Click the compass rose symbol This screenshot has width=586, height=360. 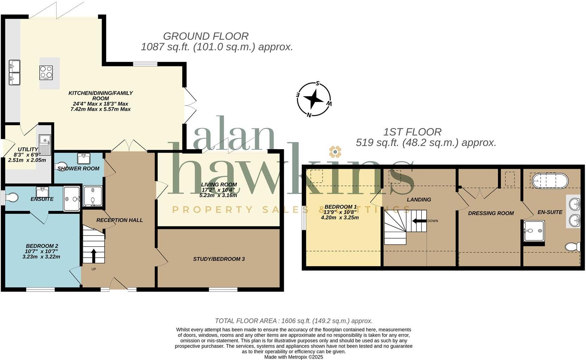(x=314, y=99)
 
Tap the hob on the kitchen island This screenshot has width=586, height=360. (x=46, y=73)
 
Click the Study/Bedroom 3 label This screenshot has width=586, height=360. (x=219, y=259)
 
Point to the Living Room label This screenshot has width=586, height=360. (x=219, y=185)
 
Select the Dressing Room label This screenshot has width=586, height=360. (x=491, y=213)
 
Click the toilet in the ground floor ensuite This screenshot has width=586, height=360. (x=11, y=197)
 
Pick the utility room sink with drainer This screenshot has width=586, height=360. (x=45, y=145)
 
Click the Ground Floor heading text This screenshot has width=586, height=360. (x=206, y=36)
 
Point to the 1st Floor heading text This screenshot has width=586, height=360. (x=412, y=132)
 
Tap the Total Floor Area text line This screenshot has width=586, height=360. (x=294, y=321)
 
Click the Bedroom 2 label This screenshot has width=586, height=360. (x=42, y=246)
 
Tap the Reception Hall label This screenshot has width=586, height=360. (x=120, y=220)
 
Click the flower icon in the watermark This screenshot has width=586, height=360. (x=335, y=152)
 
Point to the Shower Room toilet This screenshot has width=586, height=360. (x=61, y=166)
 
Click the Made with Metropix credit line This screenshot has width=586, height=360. (x=293, y=357)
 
